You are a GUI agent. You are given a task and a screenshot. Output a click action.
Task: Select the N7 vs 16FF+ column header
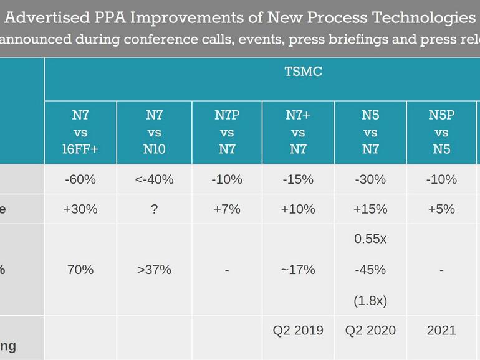point(80,132)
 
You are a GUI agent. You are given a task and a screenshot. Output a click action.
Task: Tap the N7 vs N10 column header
point(155,132)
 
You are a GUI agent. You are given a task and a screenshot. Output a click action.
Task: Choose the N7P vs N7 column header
point(227,132)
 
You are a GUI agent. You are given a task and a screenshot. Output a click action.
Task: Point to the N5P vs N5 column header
point(441,132)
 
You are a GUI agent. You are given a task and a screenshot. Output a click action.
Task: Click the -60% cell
point(80,179)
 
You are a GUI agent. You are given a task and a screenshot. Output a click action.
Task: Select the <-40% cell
point(155,179)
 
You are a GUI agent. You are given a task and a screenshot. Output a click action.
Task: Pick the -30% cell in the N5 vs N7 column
point(370,179)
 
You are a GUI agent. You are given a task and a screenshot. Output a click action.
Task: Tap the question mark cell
point(155,209)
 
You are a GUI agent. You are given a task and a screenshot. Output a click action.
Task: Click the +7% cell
point(227,209)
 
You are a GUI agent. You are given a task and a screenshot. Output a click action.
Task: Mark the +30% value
point(80,209)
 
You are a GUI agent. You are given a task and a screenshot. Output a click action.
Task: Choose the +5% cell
point(441,209)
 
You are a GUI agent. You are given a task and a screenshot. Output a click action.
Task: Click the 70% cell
point(80,270)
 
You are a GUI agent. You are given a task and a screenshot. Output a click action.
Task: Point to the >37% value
point(155,270)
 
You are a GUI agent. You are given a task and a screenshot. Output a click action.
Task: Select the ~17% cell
point(298,270)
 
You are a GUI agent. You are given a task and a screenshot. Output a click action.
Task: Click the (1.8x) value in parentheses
point(370,300)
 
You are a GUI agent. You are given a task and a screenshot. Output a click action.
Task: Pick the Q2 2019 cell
point(298,330)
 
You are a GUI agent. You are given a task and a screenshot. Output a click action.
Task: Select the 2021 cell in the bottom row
point(441,330)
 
